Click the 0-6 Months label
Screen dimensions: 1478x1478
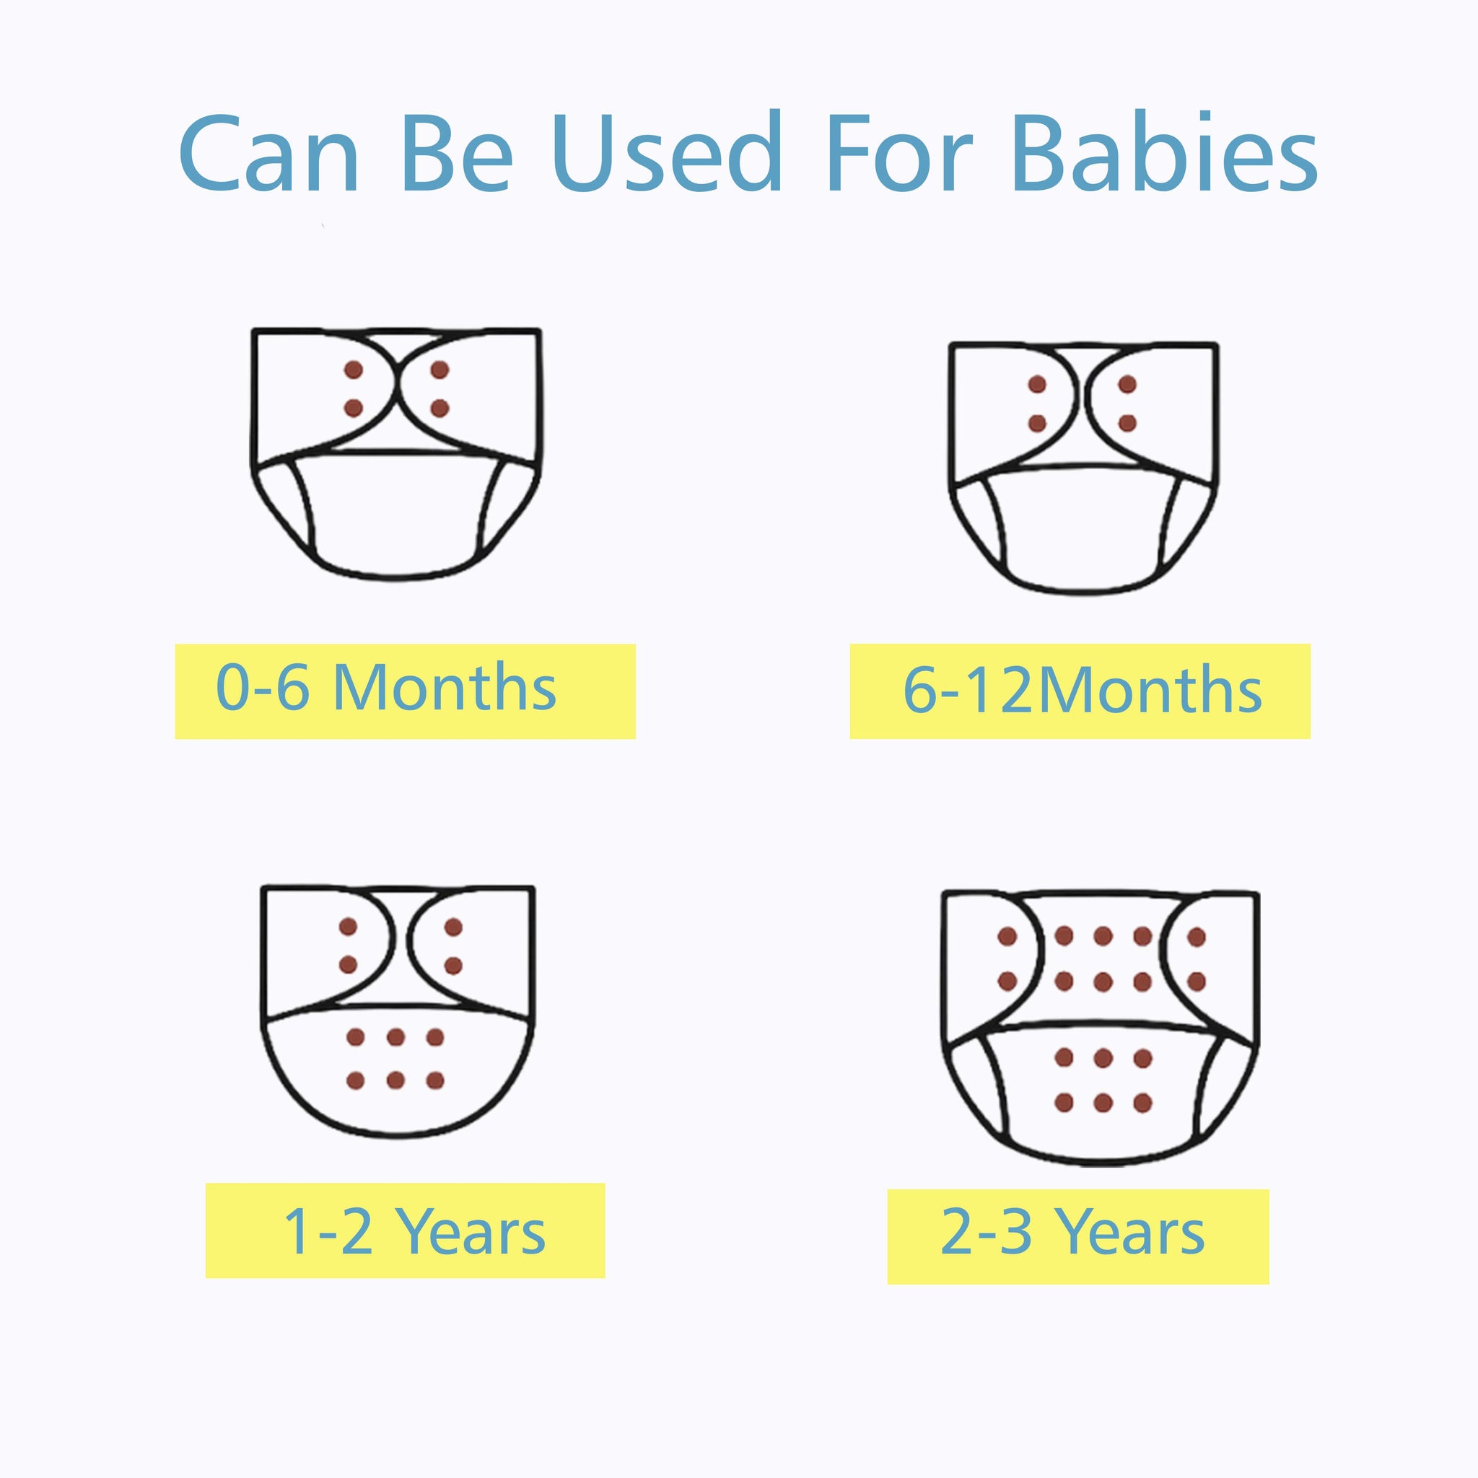coord(386,686)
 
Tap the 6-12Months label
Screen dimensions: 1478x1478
coord(1082,689)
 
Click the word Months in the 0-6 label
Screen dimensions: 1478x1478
coord(445,686)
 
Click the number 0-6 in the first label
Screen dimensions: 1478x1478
coord(263,686)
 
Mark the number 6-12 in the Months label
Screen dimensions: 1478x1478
coord(970,689)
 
